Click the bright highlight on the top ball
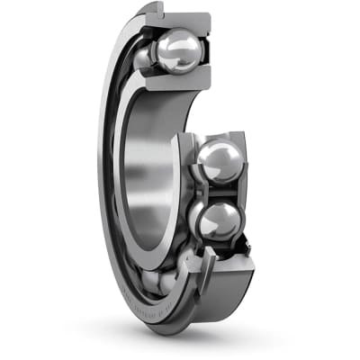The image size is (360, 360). click(x=189, y=40)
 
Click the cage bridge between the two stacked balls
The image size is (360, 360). click(x=216, y=190)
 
